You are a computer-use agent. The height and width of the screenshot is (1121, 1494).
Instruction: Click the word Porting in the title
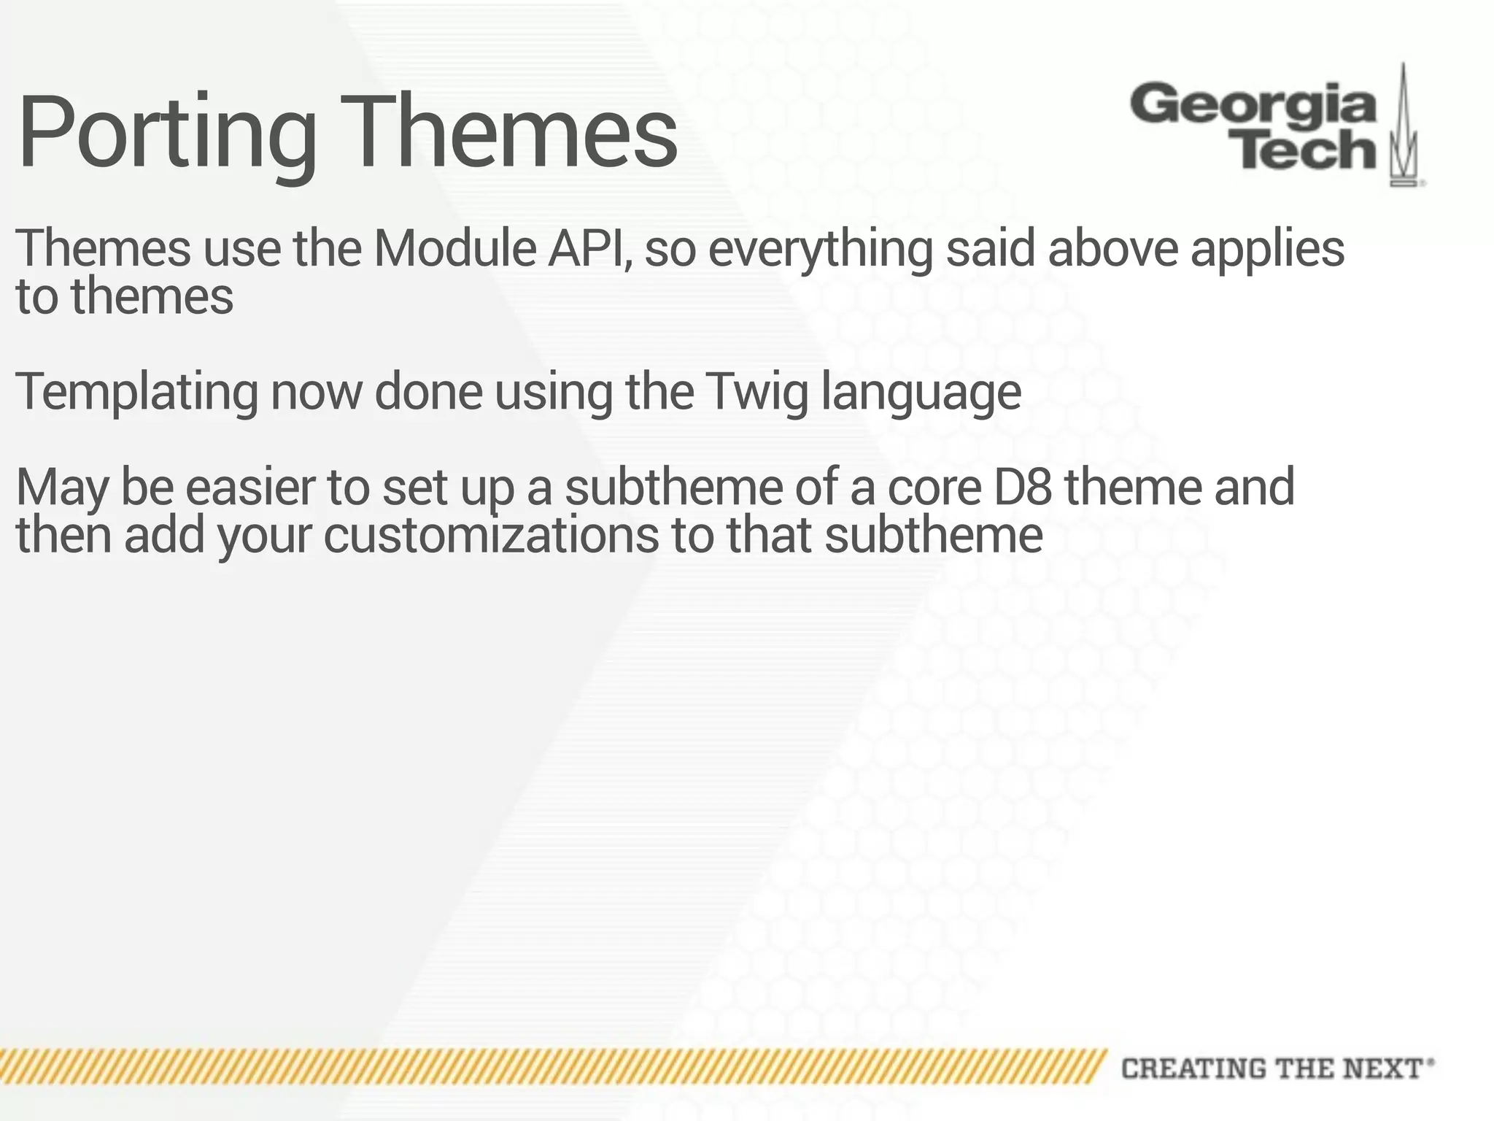[x=166, y=135]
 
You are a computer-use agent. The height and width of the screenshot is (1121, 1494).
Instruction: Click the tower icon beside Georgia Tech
[x=1404, y=128]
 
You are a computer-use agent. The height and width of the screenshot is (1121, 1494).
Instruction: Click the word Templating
[x=136, y=393]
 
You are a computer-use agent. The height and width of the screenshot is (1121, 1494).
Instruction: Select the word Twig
[x=757, y=393]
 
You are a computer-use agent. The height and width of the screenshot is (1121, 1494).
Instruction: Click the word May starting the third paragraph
[x=61, y=489]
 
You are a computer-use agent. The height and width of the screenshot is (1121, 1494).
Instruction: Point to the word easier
[x=249, y=488]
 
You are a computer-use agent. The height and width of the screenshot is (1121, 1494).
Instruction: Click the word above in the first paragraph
[x=1112, y=248]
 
